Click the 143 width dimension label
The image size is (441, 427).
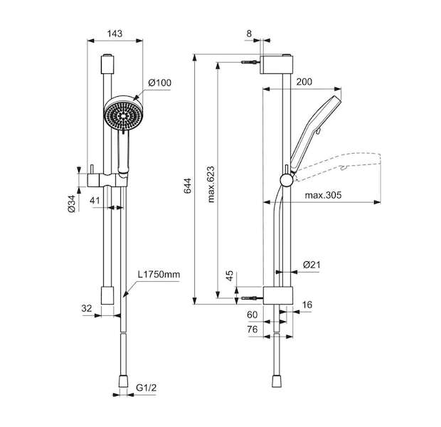(x=115, y=33)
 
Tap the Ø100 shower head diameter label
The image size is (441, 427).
(x=160, y=83)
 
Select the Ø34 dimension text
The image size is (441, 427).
(x=72, y=204)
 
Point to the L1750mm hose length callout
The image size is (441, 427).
(x=159, y=274)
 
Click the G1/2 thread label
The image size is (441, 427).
(x=147, y=388)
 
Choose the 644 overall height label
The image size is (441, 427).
(x=187, y=186)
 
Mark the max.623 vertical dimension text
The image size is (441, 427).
(x=211, y=184)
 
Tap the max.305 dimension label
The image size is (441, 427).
(x=323, y=195)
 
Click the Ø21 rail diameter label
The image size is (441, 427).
(x=312, y=265)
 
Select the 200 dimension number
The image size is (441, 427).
(x=304, y=82)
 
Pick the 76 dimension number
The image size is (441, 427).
(x=253, y=329)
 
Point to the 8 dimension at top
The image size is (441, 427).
(x=249, y=33)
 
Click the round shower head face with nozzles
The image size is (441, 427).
(x=124, y=115)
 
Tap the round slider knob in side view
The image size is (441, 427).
(x=287, y=180)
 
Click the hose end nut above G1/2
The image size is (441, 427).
(x=123, y=381)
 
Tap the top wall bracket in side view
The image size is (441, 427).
(x=277, y=65)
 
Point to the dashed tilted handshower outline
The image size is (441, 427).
(x=337, y=166)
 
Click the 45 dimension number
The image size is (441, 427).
(x=230, y=276)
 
